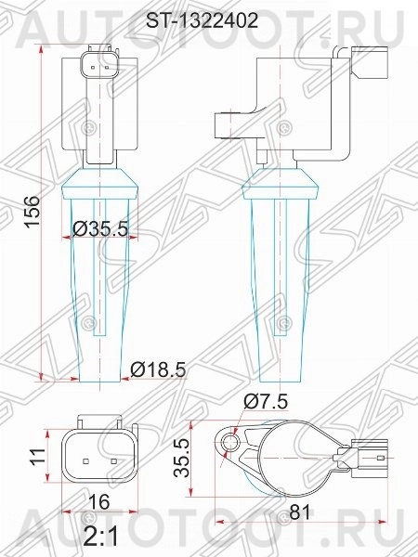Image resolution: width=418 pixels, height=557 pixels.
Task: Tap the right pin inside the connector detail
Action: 112,459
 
